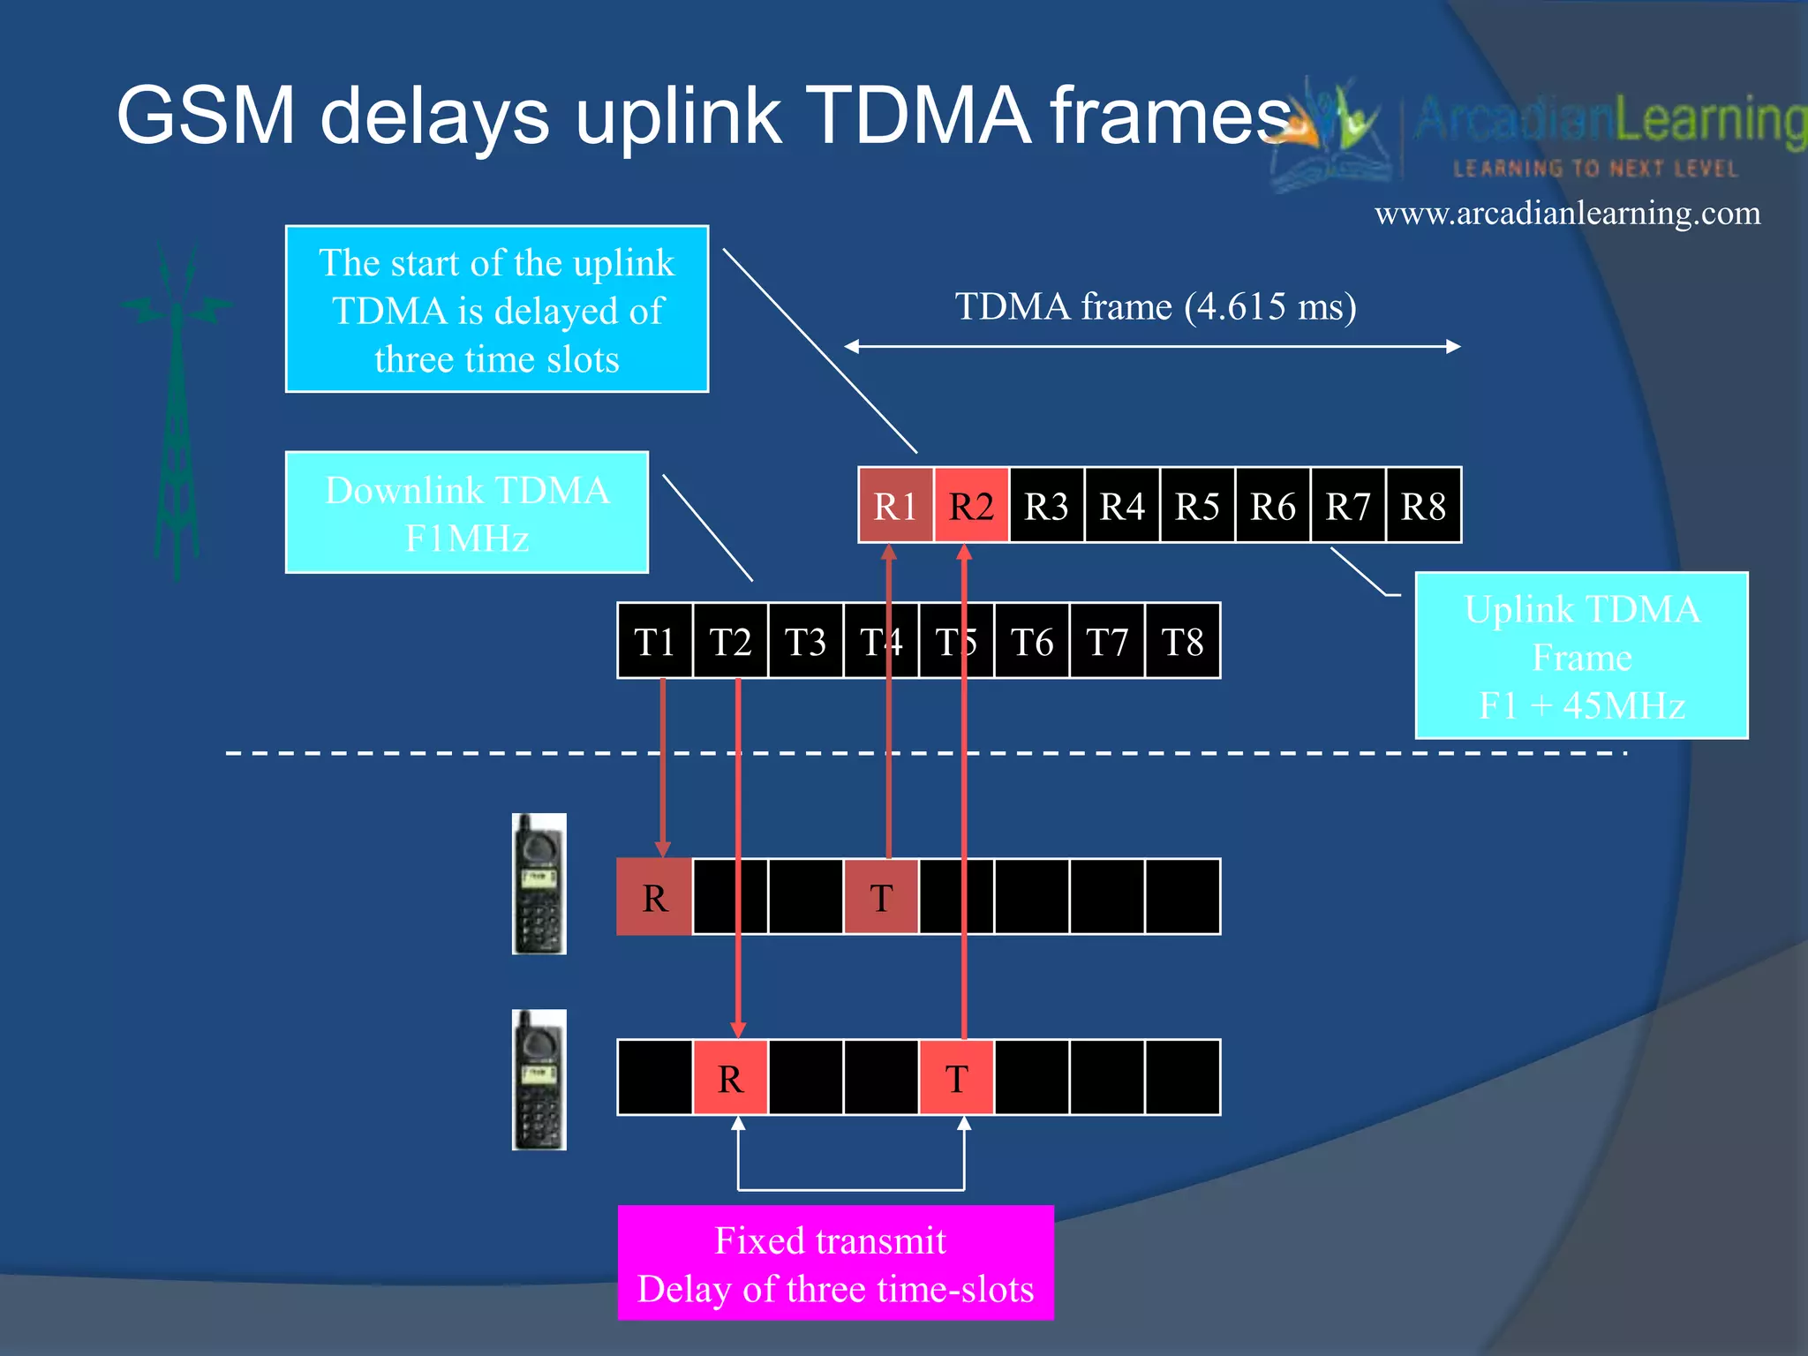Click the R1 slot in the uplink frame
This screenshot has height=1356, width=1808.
895,506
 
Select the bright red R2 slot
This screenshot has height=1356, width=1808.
971,506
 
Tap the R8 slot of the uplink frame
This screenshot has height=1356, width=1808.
1423,506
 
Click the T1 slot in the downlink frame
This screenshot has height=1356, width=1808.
654,642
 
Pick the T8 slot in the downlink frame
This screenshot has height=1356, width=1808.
1182,642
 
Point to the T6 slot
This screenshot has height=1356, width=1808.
1031,642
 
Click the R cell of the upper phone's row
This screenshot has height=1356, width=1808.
654,898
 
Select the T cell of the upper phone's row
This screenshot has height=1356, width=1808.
881,898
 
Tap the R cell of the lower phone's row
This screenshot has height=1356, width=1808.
730,1078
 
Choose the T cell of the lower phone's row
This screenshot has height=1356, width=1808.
957,1078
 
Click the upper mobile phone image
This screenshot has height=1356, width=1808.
539,884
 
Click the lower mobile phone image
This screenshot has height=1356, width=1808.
539,1080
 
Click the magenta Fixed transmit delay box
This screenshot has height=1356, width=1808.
835,1263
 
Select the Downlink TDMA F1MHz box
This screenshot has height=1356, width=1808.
467,513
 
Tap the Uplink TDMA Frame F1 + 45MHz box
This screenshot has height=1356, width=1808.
1581,656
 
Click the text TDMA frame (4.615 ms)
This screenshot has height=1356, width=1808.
1156,306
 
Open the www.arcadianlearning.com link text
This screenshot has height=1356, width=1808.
1567,214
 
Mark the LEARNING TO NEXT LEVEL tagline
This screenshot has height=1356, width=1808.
1595,169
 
